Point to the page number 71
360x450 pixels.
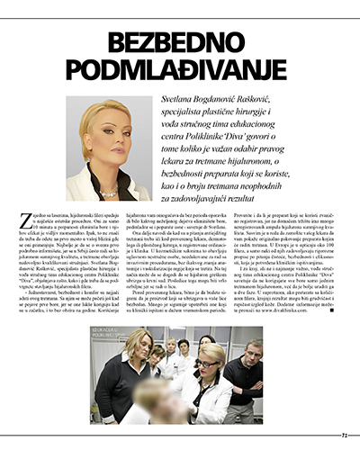pos(343,433)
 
